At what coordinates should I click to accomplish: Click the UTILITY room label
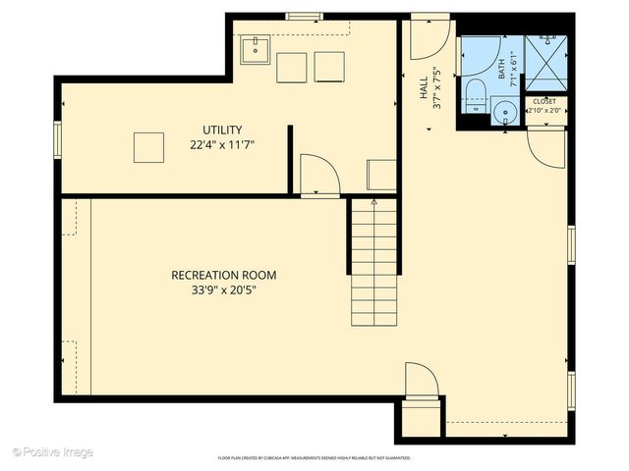pos(222,130)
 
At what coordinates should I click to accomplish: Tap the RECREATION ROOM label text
pos(223,275)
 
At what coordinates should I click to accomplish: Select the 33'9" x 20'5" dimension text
pos(223,289)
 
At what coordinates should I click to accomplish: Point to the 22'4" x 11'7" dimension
pos(222,144)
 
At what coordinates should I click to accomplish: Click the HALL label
pos(425,88)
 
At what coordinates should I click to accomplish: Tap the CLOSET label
pos(543,101)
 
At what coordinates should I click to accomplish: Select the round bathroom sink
pos(506,112)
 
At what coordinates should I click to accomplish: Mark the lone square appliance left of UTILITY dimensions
pos(148,147)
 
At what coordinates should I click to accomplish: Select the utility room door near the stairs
pos(318,175)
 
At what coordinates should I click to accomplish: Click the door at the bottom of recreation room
pos(421,380)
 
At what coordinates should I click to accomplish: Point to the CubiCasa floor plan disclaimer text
pos(314,458)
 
